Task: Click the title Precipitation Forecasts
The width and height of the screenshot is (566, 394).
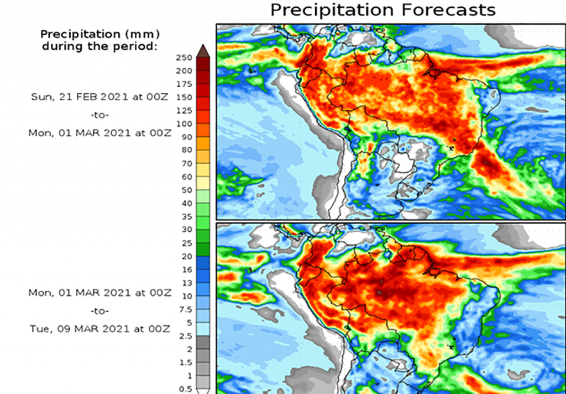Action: (382, 9)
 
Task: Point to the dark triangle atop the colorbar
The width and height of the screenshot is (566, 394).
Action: (202, 50)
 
